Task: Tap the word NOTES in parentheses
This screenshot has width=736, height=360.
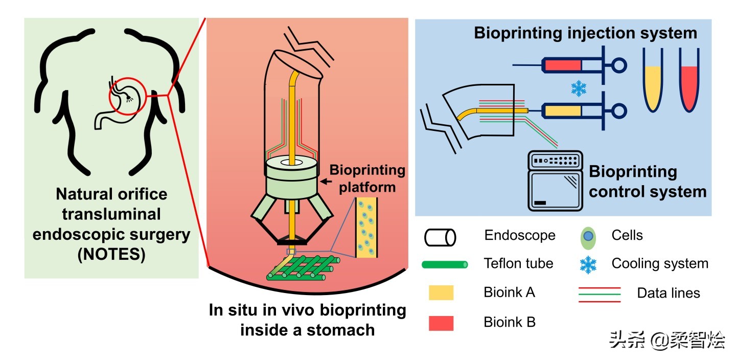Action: (x=111, y=254)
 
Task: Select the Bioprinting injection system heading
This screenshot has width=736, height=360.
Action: (x=585, y=33)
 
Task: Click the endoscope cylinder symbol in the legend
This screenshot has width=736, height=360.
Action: (x=440, y=237)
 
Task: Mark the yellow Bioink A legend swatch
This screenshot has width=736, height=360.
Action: (x=441, y=293)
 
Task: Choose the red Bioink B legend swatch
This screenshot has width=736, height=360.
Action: (x=441, y=323)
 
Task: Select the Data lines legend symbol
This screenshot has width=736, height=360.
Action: (x=599, y=295)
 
